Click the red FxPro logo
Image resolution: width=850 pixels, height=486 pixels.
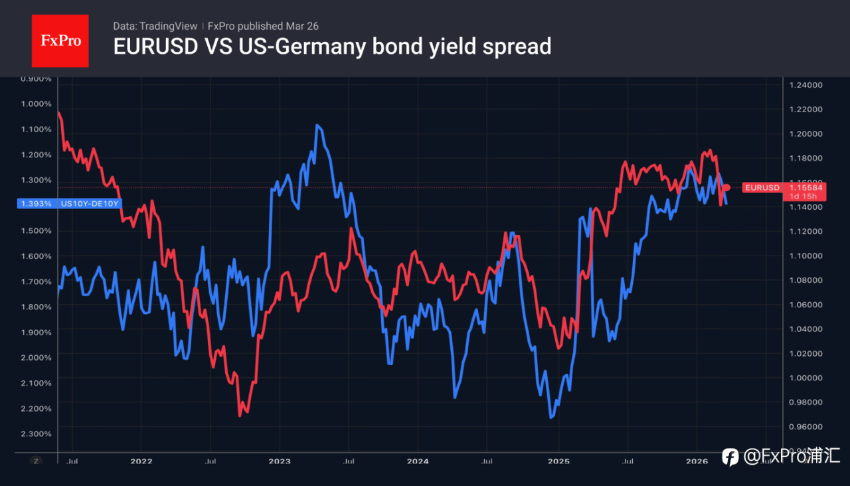(x=60, y=40)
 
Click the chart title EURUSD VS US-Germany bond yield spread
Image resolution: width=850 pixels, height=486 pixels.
(x=332, y=46)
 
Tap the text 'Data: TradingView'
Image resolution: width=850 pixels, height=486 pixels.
(x=155, y=26)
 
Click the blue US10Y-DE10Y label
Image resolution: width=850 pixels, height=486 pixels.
(x=89, y=204)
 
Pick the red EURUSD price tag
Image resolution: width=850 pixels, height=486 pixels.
(x=762, y=188)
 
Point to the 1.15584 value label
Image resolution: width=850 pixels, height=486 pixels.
(x=806, y=188)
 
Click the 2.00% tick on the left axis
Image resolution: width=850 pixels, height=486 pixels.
(x=37, y=357)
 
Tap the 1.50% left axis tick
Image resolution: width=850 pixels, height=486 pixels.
(x=37, y=230)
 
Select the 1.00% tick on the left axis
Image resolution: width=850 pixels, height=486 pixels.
(x=37, y=104)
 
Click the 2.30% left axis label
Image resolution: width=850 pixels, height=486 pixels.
(x=37, y=434)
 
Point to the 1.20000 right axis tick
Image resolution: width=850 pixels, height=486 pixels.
(x=806, y=133)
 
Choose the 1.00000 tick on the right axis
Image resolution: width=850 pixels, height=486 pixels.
(x=806, y=378)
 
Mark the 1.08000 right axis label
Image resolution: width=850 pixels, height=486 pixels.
(x=806, y=280)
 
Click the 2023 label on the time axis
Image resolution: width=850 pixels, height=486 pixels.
(x=280, y=461)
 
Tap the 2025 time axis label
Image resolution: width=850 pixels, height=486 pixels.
(x=558, y=461)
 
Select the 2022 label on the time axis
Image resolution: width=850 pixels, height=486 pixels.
(x=141, y=461)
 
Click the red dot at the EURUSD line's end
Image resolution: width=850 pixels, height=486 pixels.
(x=726, y=188)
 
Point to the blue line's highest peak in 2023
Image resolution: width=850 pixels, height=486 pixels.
(x=318, y=125)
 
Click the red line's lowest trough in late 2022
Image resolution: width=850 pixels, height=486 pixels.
(x=240, y=416)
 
